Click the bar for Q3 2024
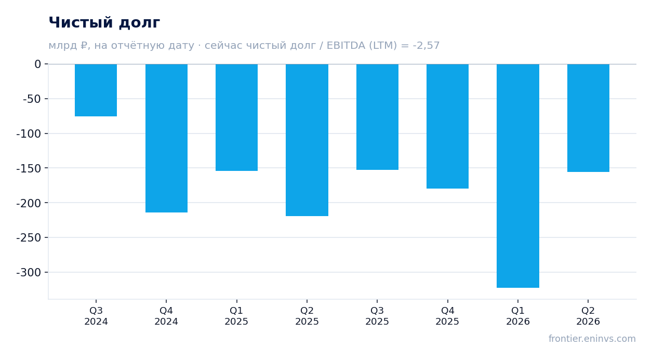pyautogui.click(x=96, y=90)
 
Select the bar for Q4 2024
pyautogui.click(x=166, y=138)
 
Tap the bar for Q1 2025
pyautogui.click(x=236, y=117)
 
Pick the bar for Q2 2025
pyautogui.click(x=307, y=140)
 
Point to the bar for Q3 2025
pyautogui.click(x=378, y=117)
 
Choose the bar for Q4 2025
pyautogui.click(x=448, y=126)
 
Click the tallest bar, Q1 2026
pyautogui.click(x=518, y=176)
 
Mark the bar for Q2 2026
pyautogui.click(x=588, y=118)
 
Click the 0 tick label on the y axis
pyautogui.click(x=38, y=64)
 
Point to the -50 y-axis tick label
pyautogui.click(x=32, y=99)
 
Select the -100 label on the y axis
pyautogui.click(x=29, y=134)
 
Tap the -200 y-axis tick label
pyautogui.click(x=29, y=203)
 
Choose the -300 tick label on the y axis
pyautogui.click(x=29, y=273)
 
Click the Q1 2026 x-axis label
pyautogui.click(x=518, y=316)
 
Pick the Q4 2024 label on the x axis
pyautogui.click(x=166, y=316)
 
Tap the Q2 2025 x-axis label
pyautogui.click(x=307, y=316)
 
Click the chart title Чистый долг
pyautogui.click(x=104, y=23)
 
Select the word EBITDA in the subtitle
pyautogui.click(x=346, y=45)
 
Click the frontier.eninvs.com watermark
pyautogui.click(x=592, y=339)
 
